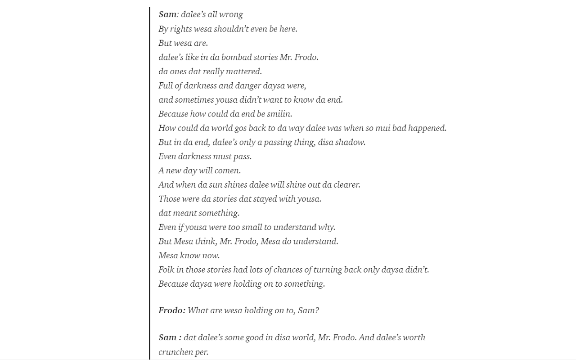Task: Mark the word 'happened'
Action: (427, 128)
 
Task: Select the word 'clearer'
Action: (346, 184)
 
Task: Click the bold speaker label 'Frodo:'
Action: (172, 310)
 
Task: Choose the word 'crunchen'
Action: (175, 352)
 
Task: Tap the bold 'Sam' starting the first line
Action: (167, 14)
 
